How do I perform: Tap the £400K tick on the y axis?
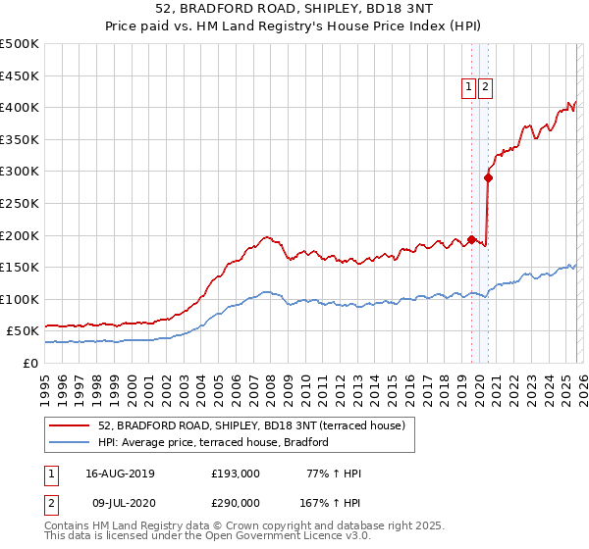click(20, 107)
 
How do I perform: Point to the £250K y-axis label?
click(20, 203)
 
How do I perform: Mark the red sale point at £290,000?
click(488, 177)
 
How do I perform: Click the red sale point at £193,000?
click(472, 239)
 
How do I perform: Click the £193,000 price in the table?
click(236, 474)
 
